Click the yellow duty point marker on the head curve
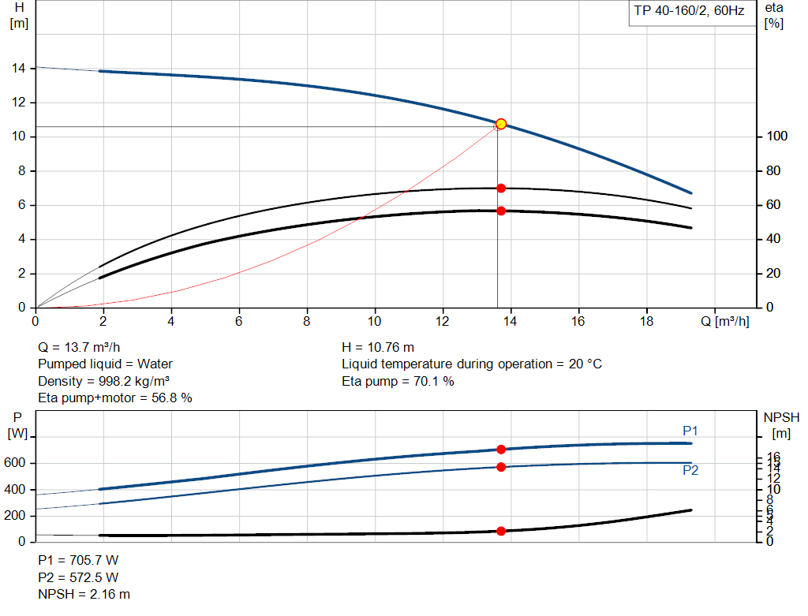(x=500, y=124)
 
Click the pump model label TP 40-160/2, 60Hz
(x=689, y=12)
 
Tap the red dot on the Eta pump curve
(x=500, y=188)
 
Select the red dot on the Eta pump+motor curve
(x=500, y=211)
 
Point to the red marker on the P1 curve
(x=500, y=450)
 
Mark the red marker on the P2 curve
(x=500, y=467)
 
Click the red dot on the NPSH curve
(x=500, y=531)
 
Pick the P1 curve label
(x=690, y=431)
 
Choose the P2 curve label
(x=690, y=470)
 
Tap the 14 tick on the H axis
(x=18, y=69)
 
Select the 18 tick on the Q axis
(x=647, y=322)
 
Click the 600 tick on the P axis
(x=16, y=463)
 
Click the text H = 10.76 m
(x=378, y=347)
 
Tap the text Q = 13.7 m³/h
(x=79, y=347)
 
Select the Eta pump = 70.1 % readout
(x=398, y=382)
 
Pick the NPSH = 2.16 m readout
(x=84, y=594)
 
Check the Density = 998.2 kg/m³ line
(x=105, y=381)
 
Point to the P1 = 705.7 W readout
(x=78, y=560)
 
